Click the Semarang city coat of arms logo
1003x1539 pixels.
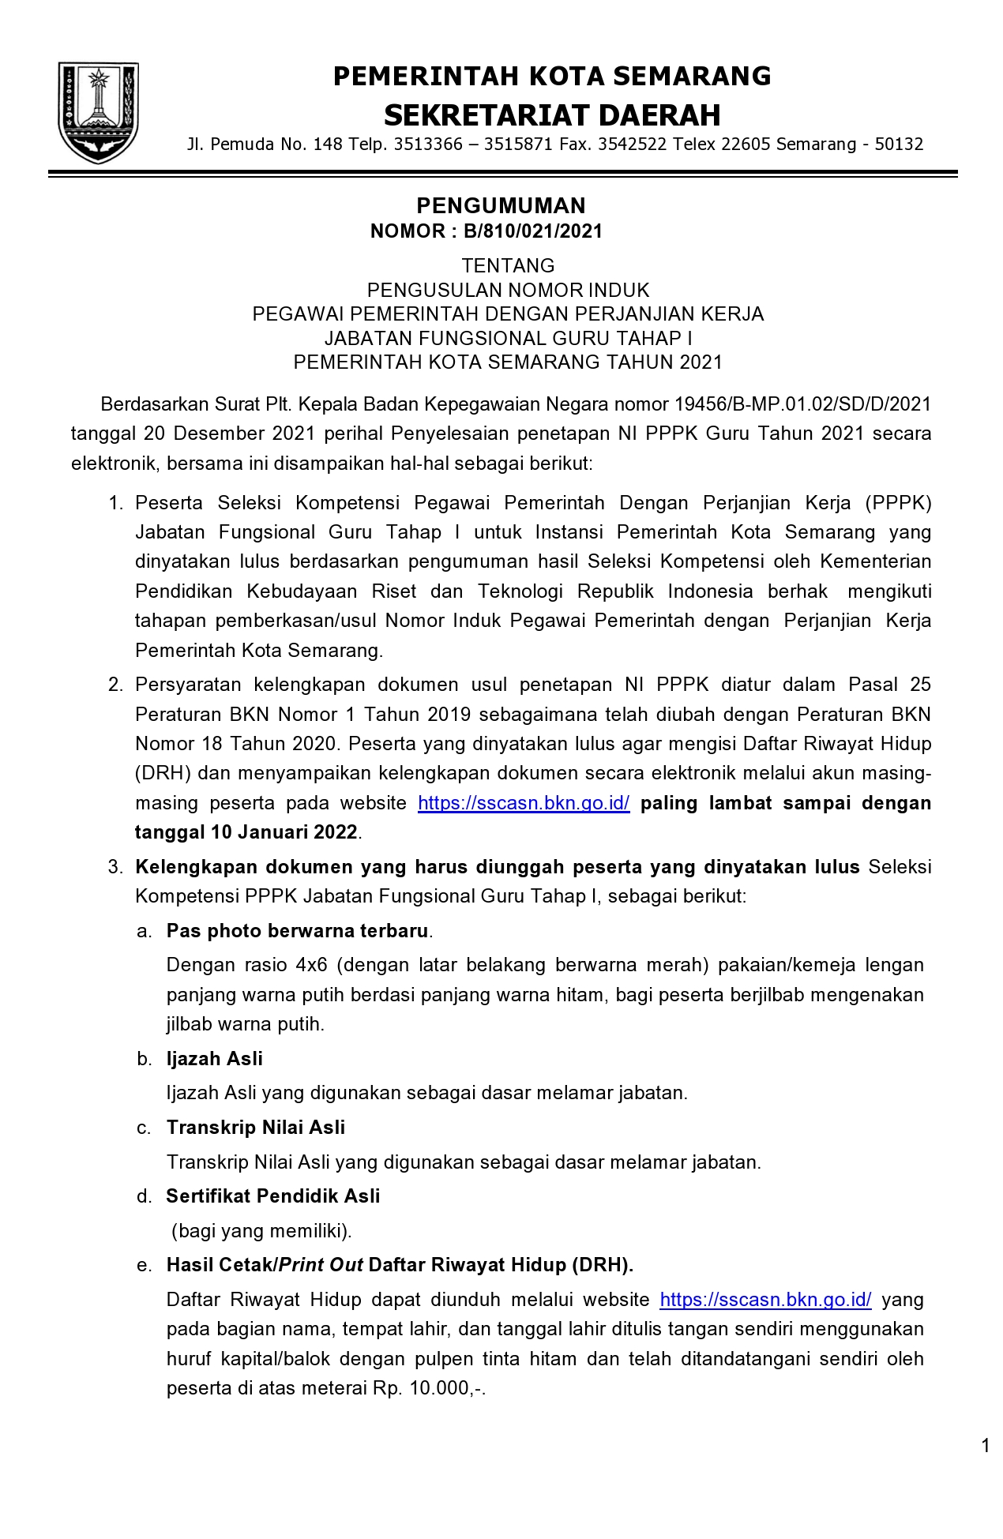pyautogui.click(x=98, y=111)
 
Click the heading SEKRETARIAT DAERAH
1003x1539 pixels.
pyautogui.click(x=551, y=115)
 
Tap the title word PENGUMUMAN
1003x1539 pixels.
pyautogui.click(x=501, y=205)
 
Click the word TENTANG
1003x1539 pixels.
pyautogui.click(x=508, y=265)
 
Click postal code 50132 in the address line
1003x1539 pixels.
pyautogui.click(x=899, y=145)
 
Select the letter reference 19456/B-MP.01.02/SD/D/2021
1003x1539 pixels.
pyautogui.click(x=802, y=404)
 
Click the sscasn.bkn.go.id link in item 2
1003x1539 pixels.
pyautogui.click(x=524, y=803)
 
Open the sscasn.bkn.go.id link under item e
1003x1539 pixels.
pyautogui.click(x=765, y=1300)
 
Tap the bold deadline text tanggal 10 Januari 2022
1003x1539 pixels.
pyautogui.click(x=246, y=832)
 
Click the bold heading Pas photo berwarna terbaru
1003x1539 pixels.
pyautogui.click(x=297, y=931)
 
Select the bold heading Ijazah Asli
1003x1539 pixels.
pyautogui.click(x=214, y=1059)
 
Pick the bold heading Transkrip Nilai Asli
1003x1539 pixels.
pyautogui.click(x=256, y=1128)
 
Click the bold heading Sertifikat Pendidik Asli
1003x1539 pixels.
pyautogui.click(x=272, y=1196)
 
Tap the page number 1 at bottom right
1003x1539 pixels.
pyautogui.click(x=985, y=1446)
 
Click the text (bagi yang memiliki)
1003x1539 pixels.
pyautogui.click(x=261, y=1231)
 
